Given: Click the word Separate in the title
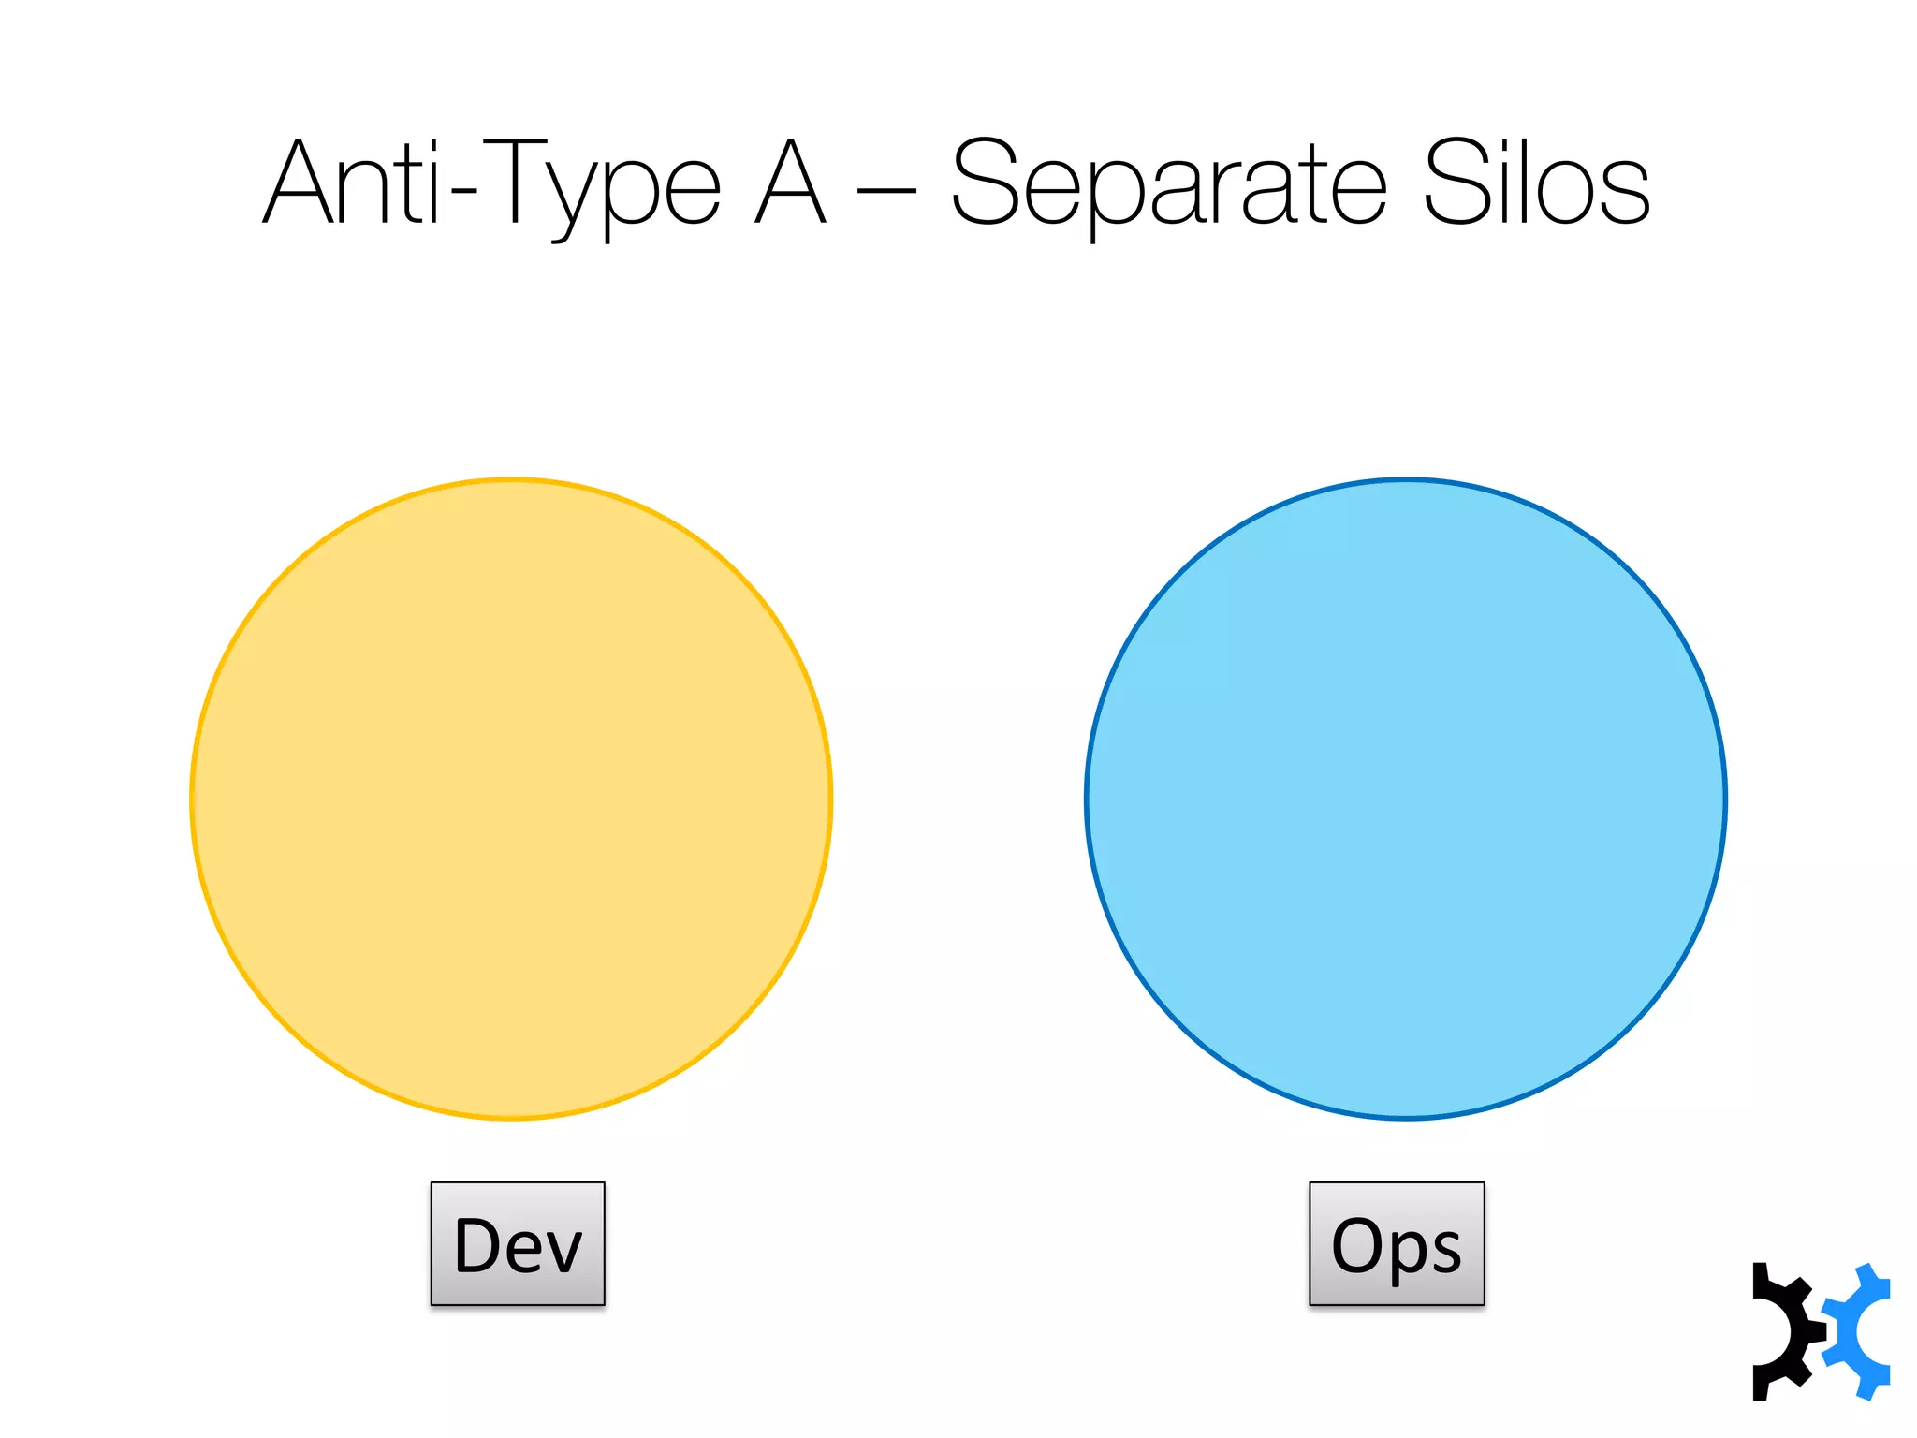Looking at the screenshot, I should pyautogui.click(x=1168, y=183).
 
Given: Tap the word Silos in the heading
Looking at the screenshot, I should pyautogui.click(x=1536, y=183).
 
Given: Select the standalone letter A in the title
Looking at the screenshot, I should pyautogui.click(x=791, y=183).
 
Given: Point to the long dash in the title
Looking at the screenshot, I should pyautogui.click(x=886, y=192).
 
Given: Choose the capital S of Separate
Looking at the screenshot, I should pyautogui.click(x=984, y=183).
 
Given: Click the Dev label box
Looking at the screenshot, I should pyautogui.click(x=518, y=1243).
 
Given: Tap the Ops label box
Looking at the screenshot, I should pyautogui.click(x=1397, y=1243).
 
